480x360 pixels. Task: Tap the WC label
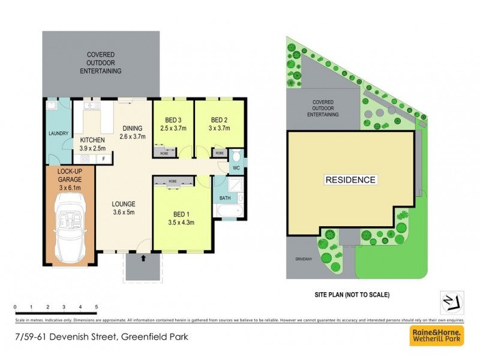[x=236, y=167]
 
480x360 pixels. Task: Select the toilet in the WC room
[x=236, y=155]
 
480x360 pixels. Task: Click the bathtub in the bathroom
[x=229, y=211]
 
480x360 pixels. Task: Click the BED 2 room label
[x=220, y=123]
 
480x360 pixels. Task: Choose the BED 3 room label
[x=173, y=123]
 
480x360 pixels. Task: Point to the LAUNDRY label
[x=58, y=133]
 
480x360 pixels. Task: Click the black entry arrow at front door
[x=143, y=259]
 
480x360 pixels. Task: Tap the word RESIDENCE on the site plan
[x=350, y=180]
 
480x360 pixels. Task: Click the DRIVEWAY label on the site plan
[x=304, y=259]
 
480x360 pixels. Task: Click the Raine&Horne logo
[x=436, y=335]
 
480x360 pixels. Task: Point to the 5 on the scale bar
[x=97, y=307]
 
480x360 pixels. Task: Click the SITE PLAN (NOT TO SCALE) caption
[x=352, y=295]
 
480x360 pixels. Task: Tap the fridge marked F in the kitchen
[x=104, y=159]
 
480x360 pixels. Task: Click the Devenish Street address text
[x=102, y=337]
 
